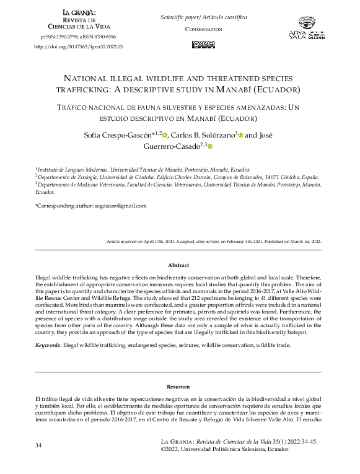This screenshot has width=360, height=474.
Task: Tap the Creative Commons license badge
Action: (204, 44)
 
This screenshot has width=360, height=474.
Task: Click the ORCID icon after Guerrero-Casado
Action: (210, 146)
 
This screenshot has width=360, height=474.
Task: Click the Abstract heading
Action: (178, 265)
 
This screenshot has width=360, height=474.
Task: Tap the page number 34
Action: (39, 445)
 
